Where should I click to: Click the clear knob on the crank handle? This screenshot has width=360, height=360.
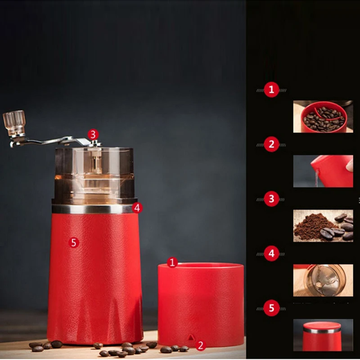click(x=14, y=122)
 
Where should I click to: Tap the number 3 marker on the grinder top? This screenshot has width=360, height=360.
click(x=93, y=134)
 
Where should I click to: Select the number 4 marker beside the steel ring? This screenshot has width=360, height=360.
click(x=138, y=207)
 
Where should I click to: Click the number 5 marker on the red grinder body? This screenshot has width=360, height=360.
click(x=74, y=243)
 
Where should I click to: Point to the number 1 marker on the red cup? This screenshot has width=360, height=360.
click(x=172, y=262)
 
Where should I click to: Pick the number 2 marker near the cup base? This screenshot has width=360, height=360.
click(x=201, y=346)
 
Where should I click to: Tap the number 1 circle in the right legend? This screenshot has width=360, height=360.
click(x=271, y=90)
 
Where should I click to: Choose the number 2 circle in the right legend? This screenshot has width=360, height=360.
click(x=271, y=144)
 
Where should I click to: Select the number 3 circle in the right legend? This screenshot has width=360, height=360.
click(x=271, y=199)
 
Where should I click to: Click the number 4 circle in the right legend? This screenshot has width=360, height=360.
click(x=271, y=253)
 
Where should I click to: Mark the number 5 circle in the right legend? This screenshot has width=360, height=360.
click(x=271, y=308)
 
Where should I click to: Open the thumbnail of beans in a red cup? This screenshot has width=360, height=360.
click(x=323, y=117)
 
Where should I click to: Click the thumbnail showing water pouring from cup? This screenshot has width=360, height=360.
click(x=323, y=171)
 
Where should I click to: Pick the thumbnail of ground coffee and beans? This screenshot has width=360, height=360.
click(x=323, y=226)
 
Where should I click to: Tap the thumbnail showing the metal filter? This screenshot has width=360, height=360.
click(x=323, y=280)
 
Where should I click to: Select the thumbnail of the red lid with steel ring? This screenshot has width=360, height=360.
click(x=323, y=335)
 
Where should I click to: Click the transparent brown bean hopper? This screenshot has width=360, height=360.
click(x=94, y=173)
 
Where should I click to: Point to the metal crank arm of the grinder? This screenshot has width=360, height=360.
click(x=49, y=142)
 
